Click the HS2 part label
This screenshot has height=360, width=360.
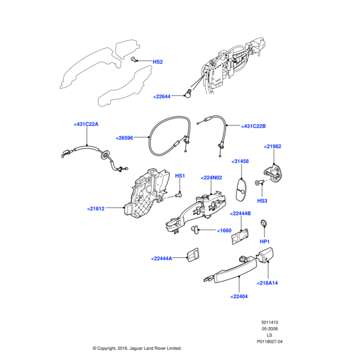157,62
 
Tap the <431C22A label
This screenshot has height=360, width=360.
86,124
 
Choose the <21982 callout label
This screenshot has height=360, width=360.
272,146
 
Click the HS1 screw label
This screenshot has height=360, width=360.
180,176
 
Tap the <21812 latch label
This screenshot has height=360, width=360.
96,209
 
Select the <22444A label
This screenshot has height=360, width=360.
161,259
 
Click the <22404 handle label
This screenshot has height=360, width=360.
239,296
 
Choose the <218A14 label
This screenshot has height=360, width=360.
268,283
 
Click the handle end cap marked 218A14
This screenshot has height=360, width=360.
265,257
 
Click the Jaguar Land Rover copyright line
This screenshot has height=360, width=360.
137,348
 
